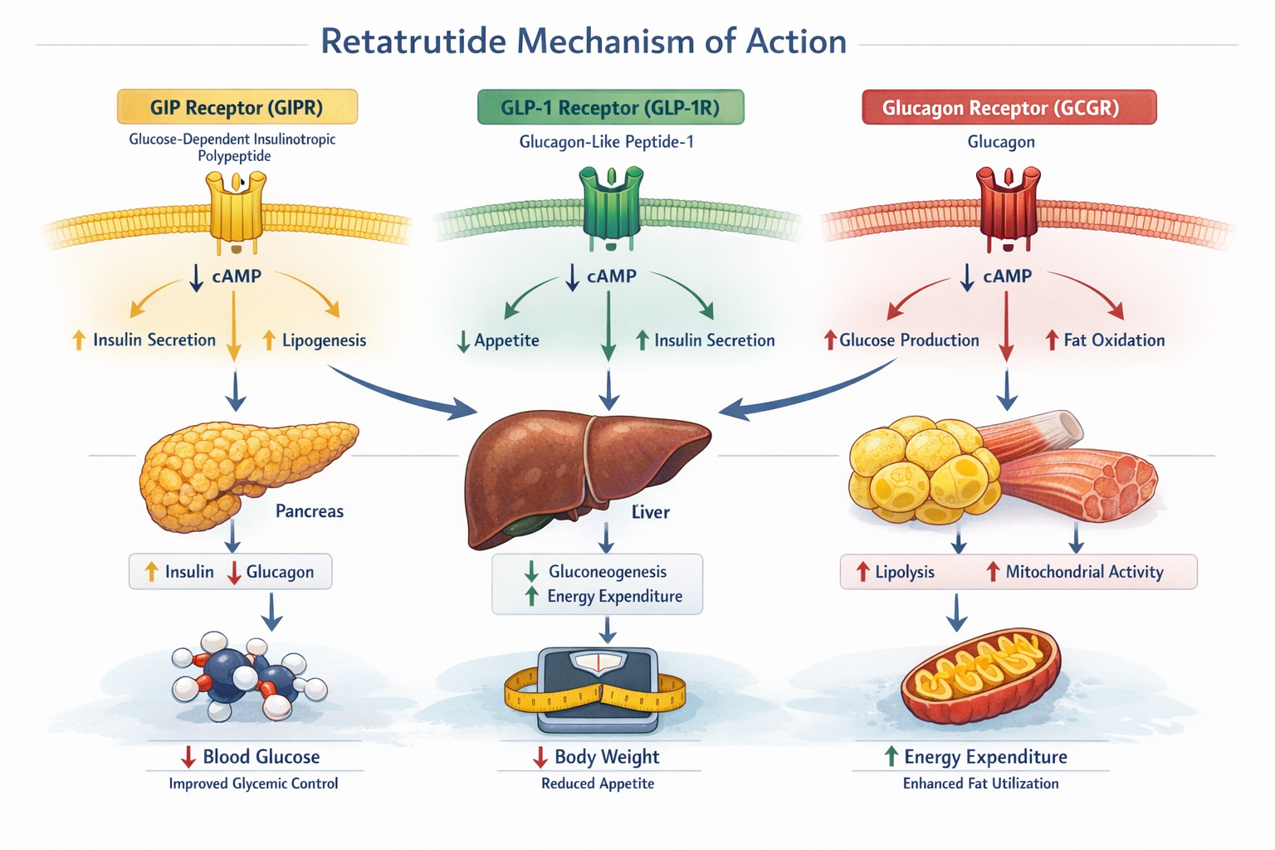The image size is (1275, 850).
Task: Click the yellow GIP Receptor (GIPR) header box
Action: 237,107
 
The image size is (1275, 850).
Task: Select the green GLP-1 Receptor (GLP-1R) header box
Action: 610,107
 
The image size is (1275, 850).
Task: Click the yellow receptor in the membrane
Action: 237,212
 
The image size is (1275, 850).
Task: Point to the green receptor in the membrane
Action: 612,208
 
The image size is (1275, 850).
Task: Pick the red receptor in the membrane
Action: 1008,208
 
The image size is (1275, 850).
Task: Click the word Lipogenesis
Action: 324,340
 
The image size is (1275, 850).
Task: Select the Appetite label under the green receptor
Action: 506,340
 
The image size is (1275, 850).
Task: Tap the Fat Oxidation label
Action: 1114,340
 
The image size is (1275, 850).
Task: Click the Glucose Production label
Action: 909,340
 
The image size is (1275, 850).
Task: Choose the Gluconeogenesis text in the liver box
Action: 608,572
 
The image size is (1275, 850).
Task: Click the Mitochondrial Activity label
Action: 1084,572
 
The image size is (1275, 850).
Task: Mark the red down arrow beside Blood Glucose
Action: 188,756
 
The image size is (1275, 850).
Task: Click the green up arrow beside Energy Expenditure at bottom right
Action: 891,756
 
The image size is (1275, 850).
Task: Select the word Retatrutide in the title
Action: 413,42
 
